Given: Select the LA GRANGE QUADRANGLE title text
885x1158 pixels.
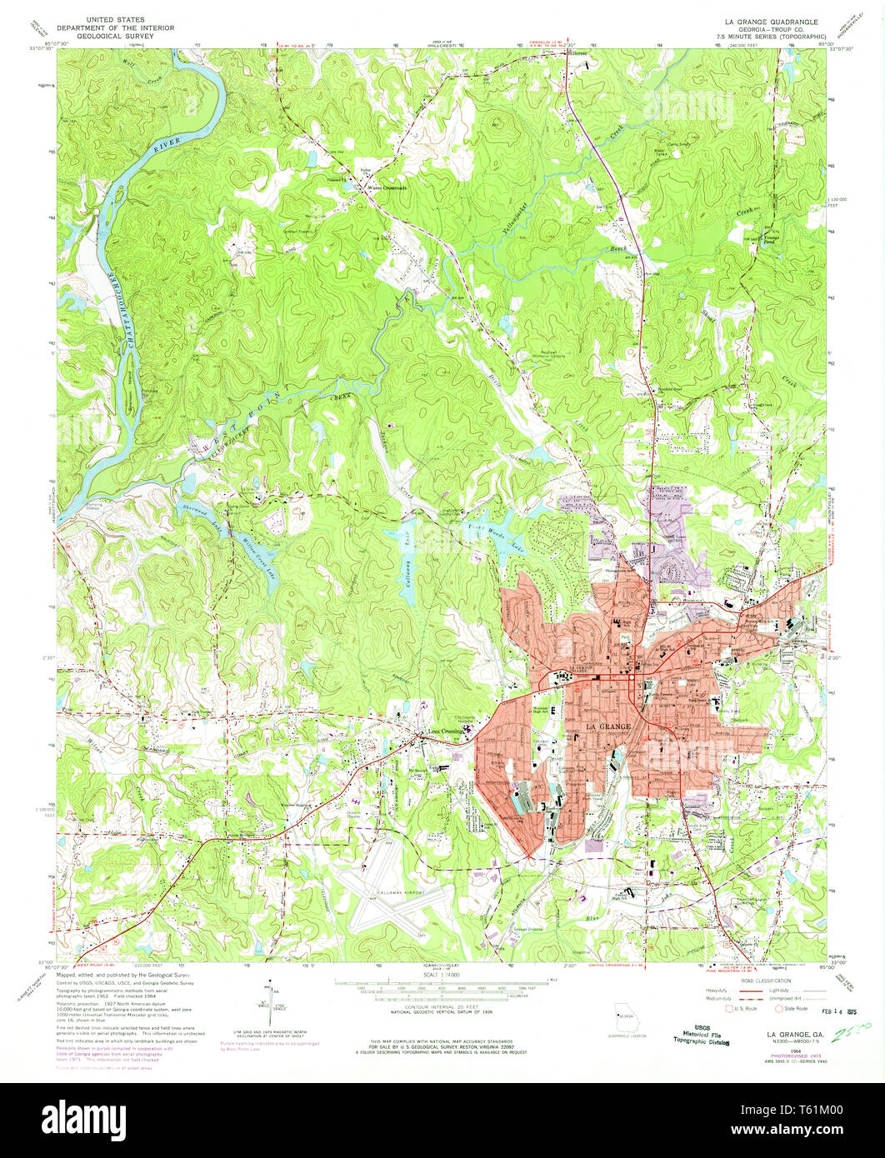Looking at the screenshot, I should click(x=764, y=21).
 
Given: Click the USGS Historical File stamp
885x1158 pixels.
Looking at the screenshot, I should click(x=702, y=1035).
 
